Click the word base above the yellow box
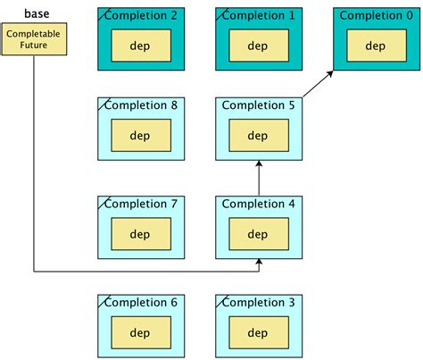click(36, 13)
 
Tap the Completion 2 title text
click(141, 15)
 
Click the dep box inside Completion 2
click(140, 46)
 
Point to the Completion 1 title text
click(258, 15)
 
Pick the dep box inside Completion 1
click(258, 46)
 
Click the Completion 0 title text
click(376, 15)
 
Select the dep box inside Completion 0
click(376, 46)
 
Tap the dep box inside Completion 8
click(140, 136)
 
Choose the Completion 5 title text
click(258, 105)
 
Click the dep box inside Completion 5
click(258, 136)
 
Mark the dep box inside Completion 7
click(140, 234)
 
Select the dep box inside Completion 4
click(258, 234)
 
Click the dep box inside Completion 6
click(140, 332)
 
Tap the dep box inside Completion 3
click(258, 332)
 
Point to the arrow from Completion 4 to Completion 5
click(258, 177)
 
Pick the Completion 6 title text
click(141, 302)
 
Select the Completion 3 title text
click(258, 302)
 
